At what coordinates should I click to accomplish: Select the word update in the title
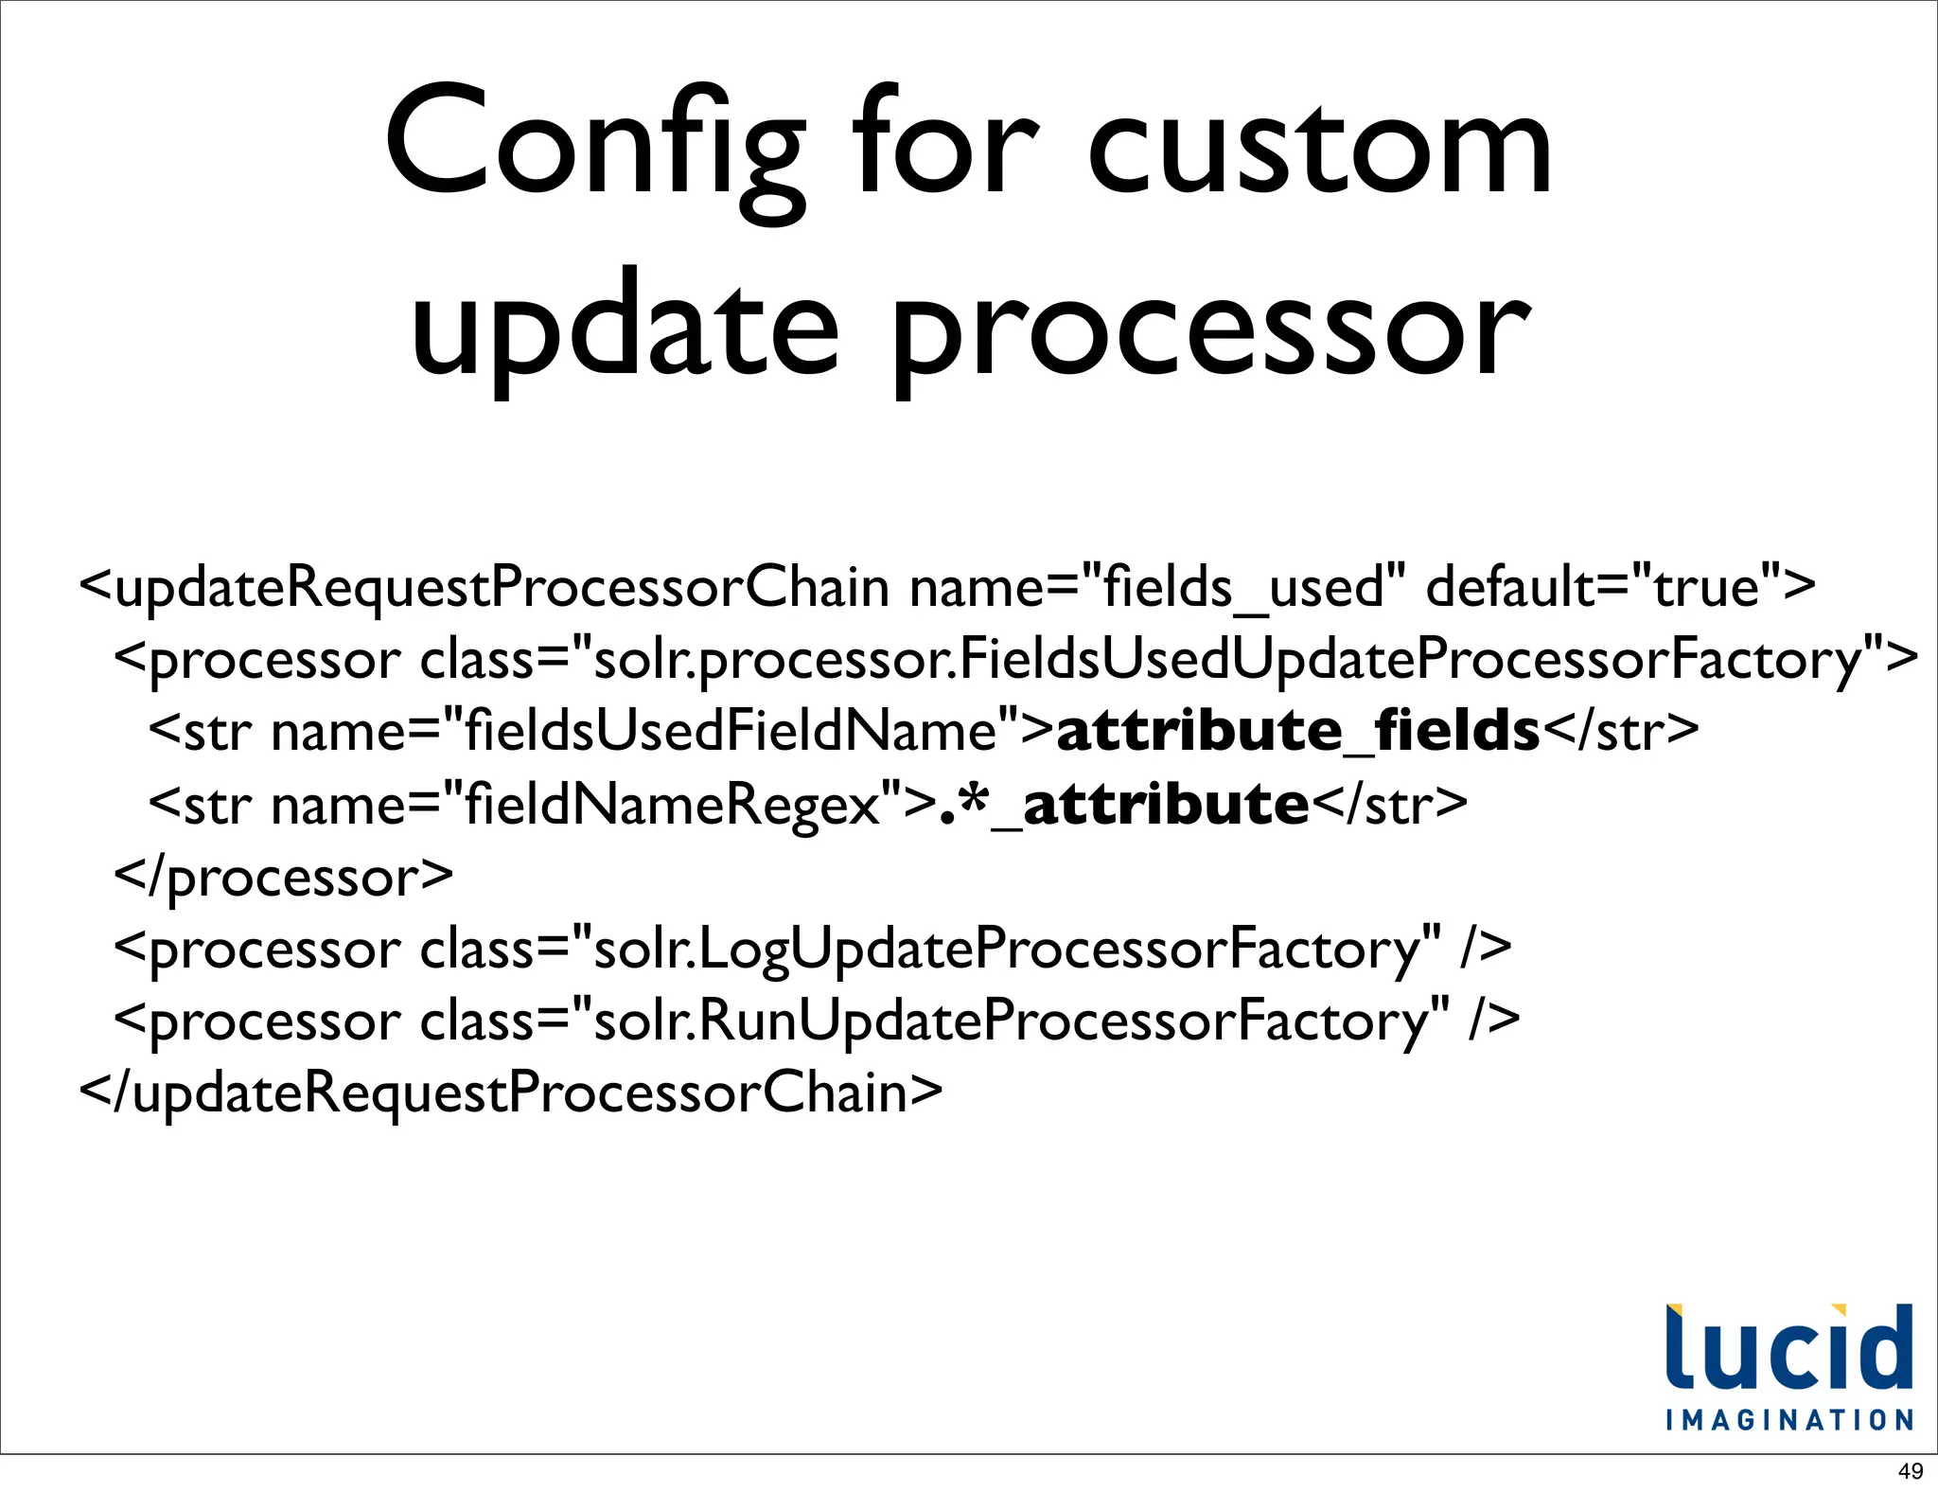[x=625, y=327]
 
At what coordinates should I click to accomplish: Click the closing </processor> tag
[x=283, y=877]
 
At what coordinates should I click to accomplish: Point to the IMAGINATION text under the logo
[x=1789, y=1420]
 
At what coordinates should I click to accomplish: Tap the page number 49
[x=1911, y=1471]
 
